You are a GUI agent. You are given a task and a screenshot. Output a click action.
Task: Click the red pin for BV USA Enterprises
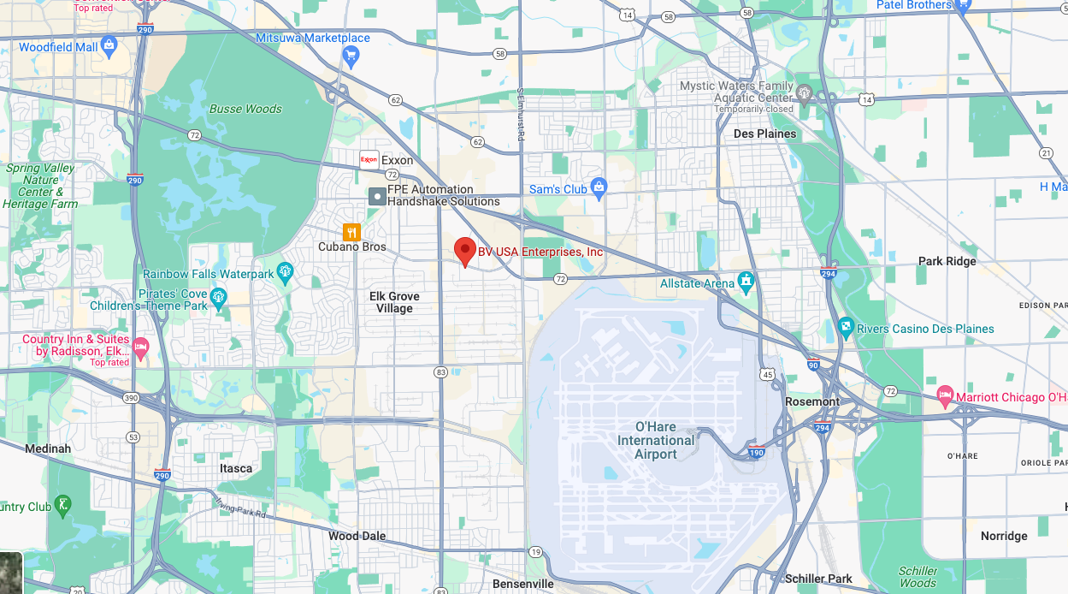click(x=464, y=251)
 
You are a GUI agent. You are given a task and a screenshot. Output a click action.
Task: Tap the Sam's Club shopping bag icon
click(x=599, y=188)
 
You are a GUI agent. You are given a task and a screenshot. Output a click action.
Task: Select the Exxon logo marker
click(x=369, y=160)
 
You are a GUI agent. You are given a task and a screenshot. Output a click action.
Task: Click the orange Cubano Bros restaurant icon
click(x=351, y=232)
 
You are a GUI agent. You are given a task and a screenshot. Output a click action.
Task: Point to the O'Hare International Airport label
click(x=656, y=440)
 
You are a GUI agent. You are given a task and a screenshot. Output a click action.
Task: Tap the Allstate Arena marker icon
click(x=746, y=280)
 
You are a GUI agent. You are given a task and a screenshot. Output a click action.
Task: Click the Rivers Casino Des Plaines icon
click(x=845, y=327)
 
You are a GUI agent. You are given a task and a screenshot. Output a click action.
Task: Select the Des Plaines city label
click(x=764, y=134)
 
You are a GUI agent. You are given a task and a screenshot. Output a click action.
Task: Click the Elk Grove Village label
click(x=394, y=302)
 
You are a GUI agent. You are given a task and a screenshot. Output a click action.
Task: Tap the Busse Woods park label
click(x=245, y=109)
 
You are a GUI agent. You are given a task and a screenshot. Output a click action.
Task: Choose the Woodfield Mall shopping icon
click(x=109, y=45)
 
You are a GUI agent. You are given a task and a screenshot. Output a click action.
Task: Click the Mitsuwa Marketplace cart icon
click(x=350, y=56)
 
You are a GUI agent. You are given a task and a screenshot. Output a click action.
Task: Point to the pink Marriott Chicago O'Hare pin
click(x=945, y=396)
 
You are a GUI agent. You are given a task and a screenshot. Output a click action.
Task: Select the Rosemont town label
click(x=812, y=401)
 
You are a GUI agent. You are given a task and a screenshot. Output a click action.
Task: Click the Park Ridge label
click(x=947, y=261)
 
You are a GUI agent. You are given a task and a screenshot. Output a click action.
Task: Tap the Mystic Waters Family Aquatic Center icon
click(x=803, y=92)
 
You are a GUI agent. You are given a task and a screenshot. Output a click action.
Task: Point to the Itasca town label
click(x=236, y=468)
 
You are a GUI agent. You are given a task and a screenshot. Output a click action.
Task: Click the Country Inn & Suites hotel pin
click(x=141, y=347)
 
